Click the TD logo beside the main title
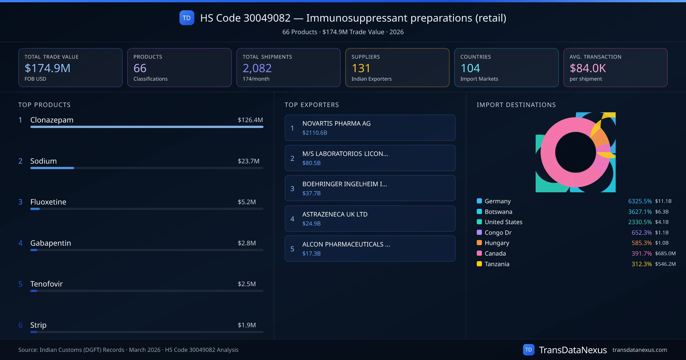187,18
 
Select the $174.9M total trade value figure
47,68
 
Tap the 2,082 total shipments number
257,68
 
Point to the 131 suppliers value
361,68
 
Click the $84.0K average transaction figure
587,68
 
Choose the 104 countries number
470,68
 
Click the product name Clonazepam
52,120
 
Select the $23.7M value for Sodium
248,161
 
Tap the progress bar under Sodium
147,168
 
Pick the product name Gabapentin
51,243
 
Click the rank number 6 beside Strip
20,325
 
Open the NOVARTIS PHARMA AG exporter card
370,128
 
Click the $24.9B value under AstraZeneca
311,223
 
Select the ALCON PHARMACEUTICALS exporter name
346,244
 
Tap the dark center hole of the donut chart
575,152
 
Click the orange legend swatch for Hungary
479,243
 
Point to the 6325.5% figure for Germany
640,201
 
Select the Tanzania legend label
497,264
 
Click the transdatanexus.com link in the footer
640,350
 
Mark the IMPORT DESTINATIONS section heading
516,105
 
